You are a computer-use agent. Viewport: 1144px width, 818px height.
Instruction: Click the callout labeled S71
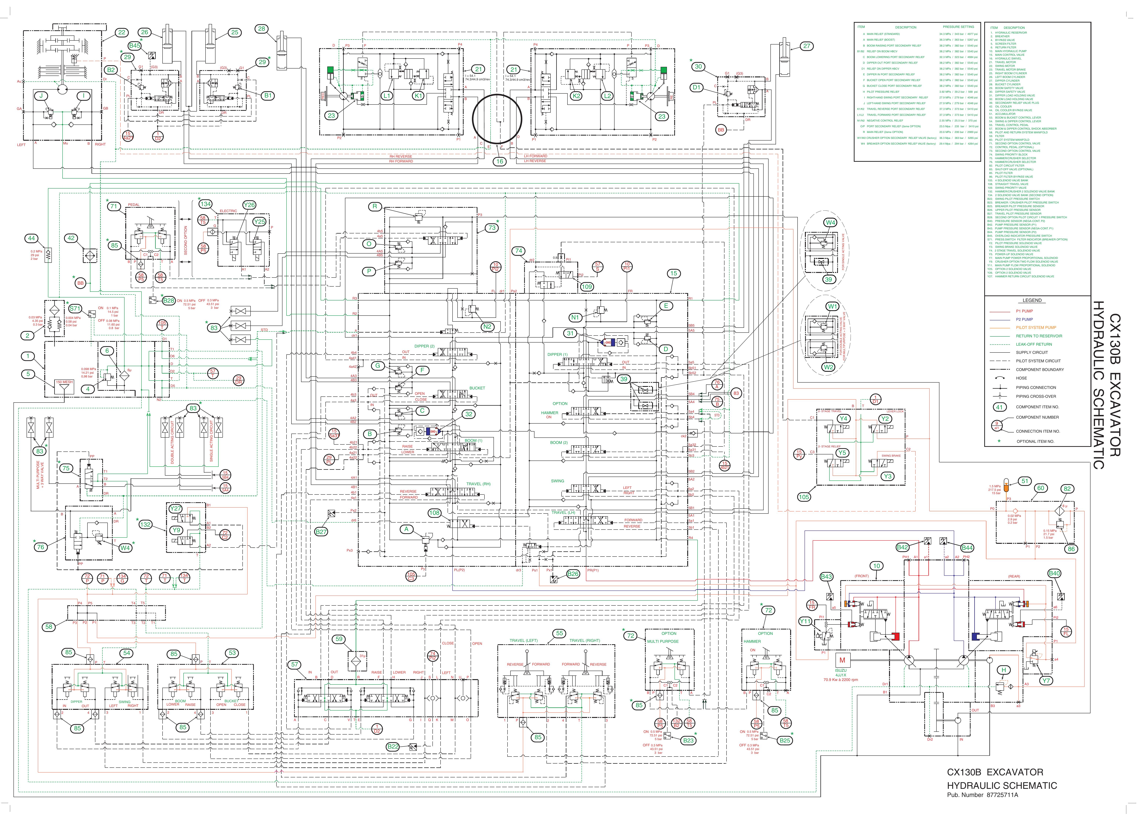(75, 308)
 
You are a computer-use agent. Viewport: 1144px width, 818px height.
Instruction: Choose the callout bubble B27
(321, 531)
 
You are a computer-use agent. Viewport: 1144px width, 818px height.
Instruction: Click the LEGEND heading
(1032, 300)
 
